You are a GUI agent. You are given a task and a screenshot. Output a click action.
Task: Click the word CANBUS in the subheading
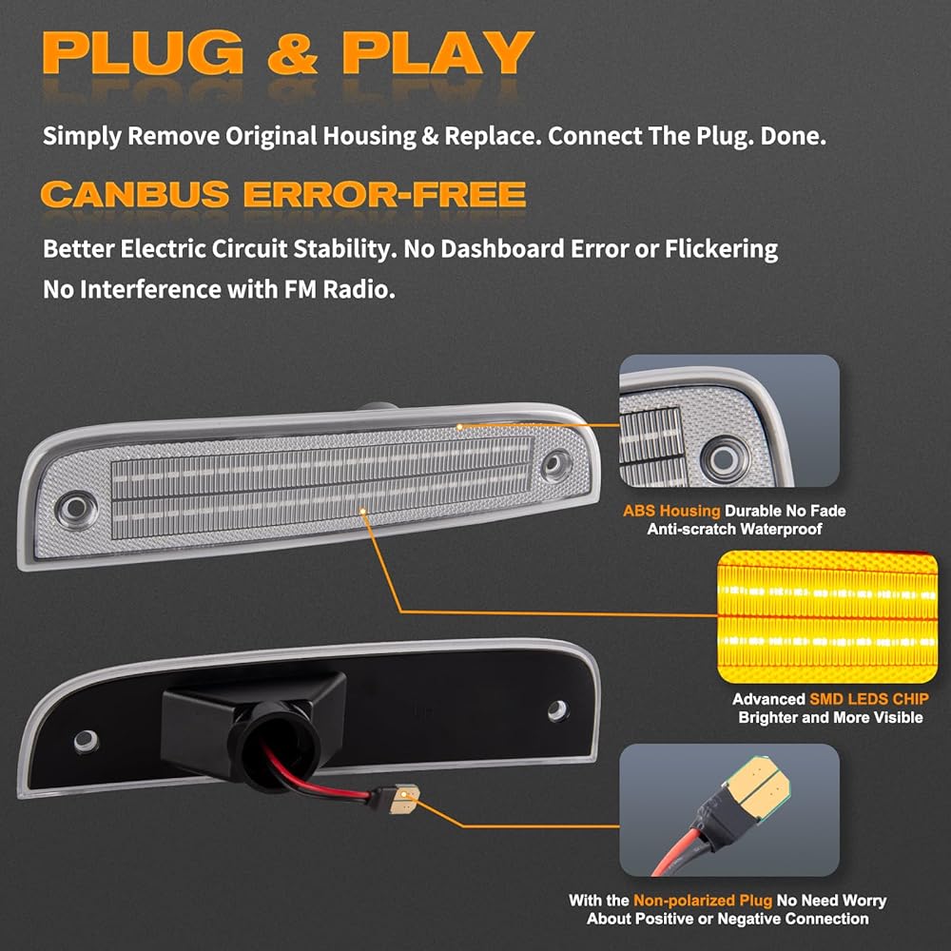(134, 194)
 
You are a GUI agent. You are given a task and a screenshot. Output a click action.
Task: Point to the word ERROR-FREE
(384, 194)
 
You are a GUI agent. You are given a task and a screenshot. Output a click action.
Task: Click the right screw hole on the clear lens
(553, 464)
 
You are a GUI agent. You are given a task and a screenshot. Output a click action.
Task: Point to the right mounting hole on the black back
(557, 710)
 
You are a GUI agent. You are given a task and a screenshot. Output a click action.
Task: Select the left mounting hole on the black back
(86, 739)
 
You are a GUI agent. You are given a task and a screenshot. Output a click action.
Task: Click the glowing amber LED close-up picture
(826, 615)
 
